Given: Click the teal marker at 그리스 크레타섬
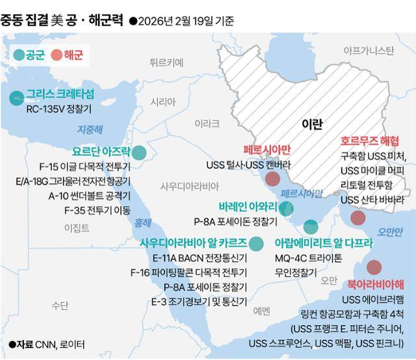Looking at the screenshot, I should click(14, 98).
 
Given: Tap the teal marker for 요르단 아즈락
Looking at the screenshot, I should click(139, 153).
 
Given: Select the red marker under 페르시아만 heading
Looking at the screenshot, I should click(273, 179).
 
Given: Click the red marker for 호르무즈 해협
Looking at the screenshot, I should click(357, 218).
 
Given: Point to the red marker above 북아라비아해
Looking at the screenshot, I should click(374, 267).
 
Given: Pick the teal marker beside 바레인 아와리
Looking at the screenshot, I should click(286, 209).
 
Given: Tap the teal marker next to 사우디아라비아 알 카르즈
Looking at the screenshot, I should click(257, 244).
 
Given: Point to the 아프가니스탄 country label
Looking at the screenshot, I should click(369, 50).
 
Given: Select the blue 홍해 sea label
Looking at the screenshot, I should click(142, 223).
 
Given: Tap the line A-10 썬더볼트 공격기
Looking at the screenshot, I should click(89, 196).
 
